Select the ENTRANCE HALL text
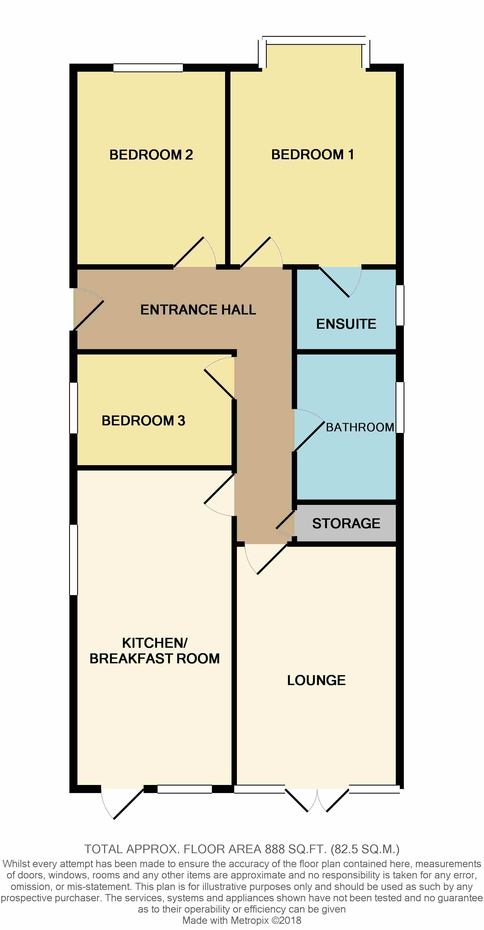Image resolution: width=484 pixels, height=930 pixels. tap(198, 310)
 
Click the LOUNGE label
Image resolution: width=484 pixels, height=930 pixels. tap(316, 680)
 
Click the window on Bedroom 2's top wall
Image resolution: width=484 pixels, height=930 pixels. tap(148, 67)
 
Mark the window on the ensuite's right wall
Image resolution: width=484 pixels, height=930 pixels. tap(400, 305)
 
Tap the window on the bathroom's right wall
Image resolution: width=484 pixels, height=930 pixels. tap(400, 407)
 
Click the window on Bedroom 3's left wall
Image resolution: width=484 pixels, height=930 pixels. tap(73, 408)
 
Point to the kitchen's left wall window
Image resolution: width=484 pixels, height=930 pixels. tap(73, 560)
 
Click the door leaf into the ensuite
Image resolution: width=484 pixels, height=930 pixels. tap(334, 282)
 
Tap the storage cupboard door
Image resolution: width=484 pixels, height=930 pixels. tap(286, 520)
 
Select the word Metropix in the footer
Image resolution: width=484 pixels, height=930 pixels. tap(250, 920)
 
